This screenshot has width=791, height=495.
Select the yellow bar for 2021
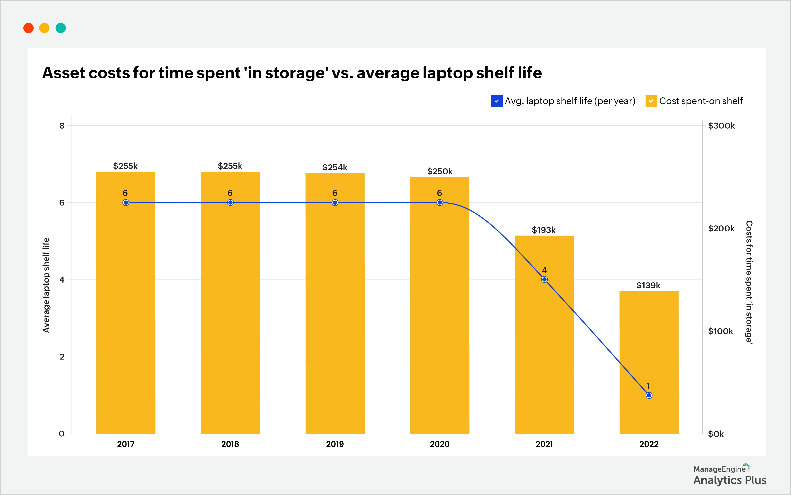pos(544,344)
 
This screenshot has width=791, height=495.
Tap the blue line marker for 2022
pos(649,396)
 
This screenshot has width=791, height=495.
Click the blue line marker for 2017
pos(126,203)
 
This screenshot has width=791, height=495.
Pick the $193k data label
pos(544,230)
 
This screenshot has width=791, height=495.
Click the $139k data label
pos(648,285)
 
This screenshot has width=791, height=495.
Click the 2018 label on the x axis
pos(230,444)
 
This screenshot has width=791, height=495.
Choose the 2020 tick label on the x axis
pos(439,444)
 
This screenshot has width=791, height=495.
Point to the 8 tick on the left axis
pos(62,126)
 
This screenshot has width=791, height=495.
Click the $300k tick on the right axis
pos(721,126)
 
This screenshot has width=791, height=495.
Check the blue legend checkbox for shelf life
pos(497,101)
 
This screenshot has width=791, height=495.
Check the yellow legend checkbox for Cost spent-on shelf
pos(651,101)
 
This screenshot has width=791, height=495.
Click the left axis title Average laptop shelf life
pos(46,285)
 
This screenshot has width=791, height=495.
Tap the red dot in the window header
pos(29,28)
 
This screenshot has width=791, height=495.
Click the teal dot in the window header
pos(61,28)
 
